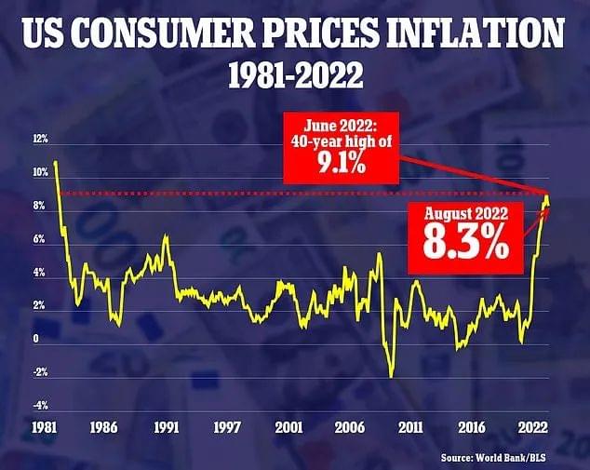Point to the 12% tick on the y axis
(40, 139)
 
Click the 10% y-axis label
(40, 172)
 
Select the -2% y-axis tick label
(40, 372)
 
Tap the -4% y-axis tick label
(40, 406)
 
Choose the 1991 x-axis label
(167, 428)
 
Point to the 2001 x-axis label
(289, 428)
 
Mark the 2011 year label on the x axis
(410, 428)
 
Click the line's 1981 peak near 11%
(56, 162)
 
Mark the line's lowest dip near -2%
(392, 375)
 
